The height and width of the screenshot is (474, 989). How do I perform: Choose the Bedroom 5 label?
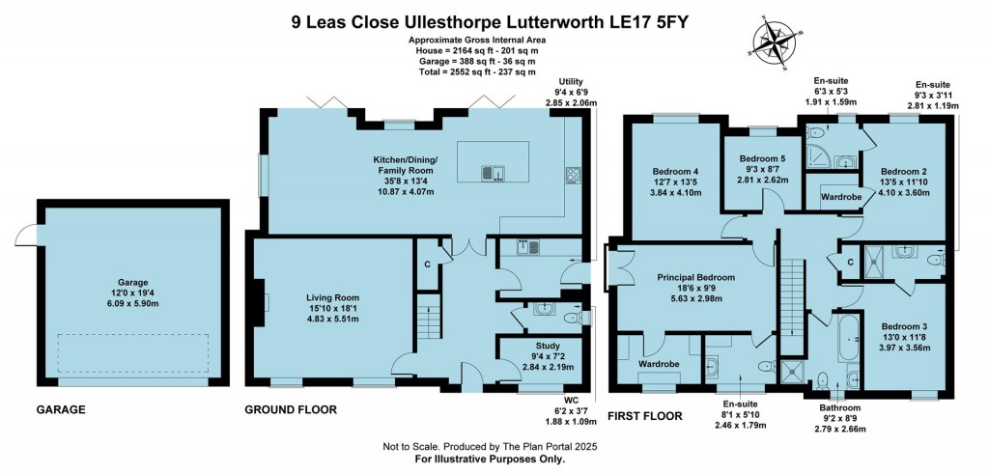763,165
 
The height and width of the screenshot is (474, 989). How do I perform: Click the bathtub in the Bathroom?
848,345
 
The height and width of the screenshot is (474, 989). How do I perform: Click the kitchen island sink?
494,174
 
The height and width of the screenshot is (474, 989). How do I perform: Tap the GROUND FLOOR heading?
291,410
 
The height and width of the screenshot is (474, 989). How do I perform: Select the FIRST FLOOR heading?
644,416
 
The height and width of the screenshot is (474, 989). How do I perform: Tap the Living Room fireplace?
260,300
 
